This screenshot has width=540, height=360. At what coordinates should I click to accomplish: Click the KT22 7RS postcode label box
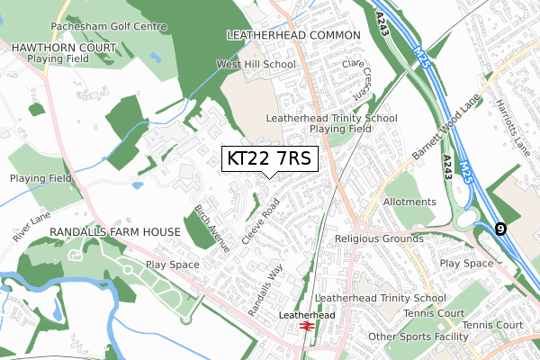269,159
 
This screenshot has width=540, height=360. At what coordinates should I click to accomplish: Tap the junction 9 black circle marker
500,229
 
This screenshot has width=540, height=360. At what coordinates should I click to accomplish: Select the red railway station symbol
307,328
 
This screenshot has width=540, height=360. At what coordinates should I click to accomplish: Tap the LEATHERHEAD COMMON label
292,34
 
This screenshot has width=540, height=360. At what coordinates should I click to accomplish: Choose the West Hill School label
256,65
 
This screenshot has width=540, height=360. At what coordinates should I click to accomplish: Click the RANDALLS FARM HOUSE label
115,232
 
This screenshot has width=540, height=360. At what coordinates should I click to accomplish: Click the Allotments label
409,204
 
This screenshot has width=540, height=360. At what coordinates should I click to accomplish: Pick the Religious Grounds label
379,238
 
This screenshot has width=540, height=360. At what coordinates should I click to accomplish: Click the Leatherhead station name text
307,316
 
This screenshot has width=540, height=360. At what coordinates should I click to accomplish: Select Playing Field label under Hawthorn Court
58,58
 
